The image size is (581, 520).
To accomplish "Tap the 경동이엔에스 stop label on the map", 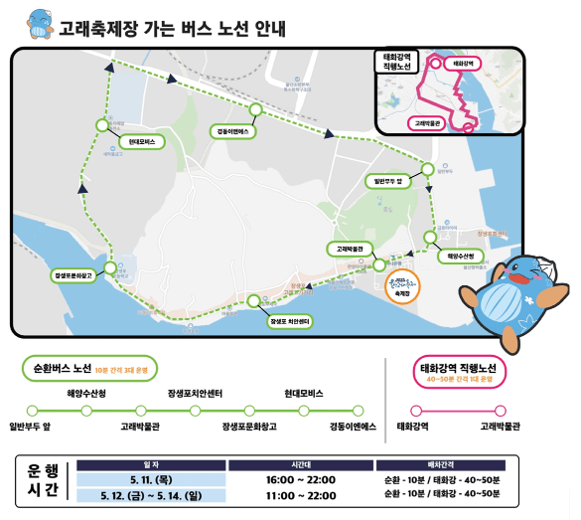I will [x=235, y=130].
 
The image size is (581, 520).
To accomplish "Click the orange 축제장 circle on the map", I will [x=403, y=286].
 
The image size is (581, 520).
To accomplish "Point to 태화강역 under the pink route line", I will [x=413, y=426].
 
